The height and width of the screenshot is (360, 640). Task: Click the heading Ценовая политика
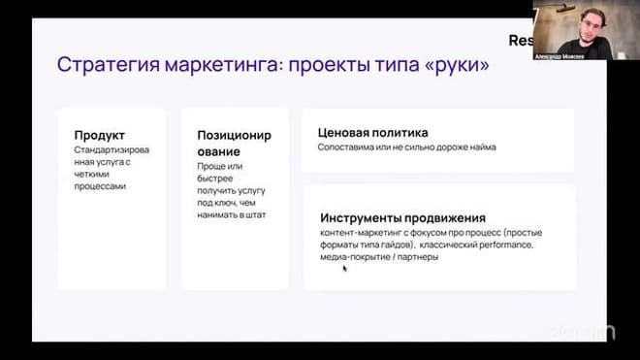(x=372, y=132)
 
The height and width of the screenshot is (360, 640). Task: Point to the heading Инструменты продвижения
(x=402, y=217)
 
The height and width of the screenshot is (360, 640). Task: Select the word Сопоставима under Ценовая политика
(x=347, y=147)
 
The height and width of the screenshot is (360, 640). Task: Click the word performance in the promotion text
(x=499, y=245)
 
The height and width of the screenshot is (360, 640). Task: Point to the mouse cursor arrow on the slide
(x=344, y=268)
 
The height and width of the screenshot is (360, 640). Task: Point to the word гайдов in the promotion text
(x=405, y=245)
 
